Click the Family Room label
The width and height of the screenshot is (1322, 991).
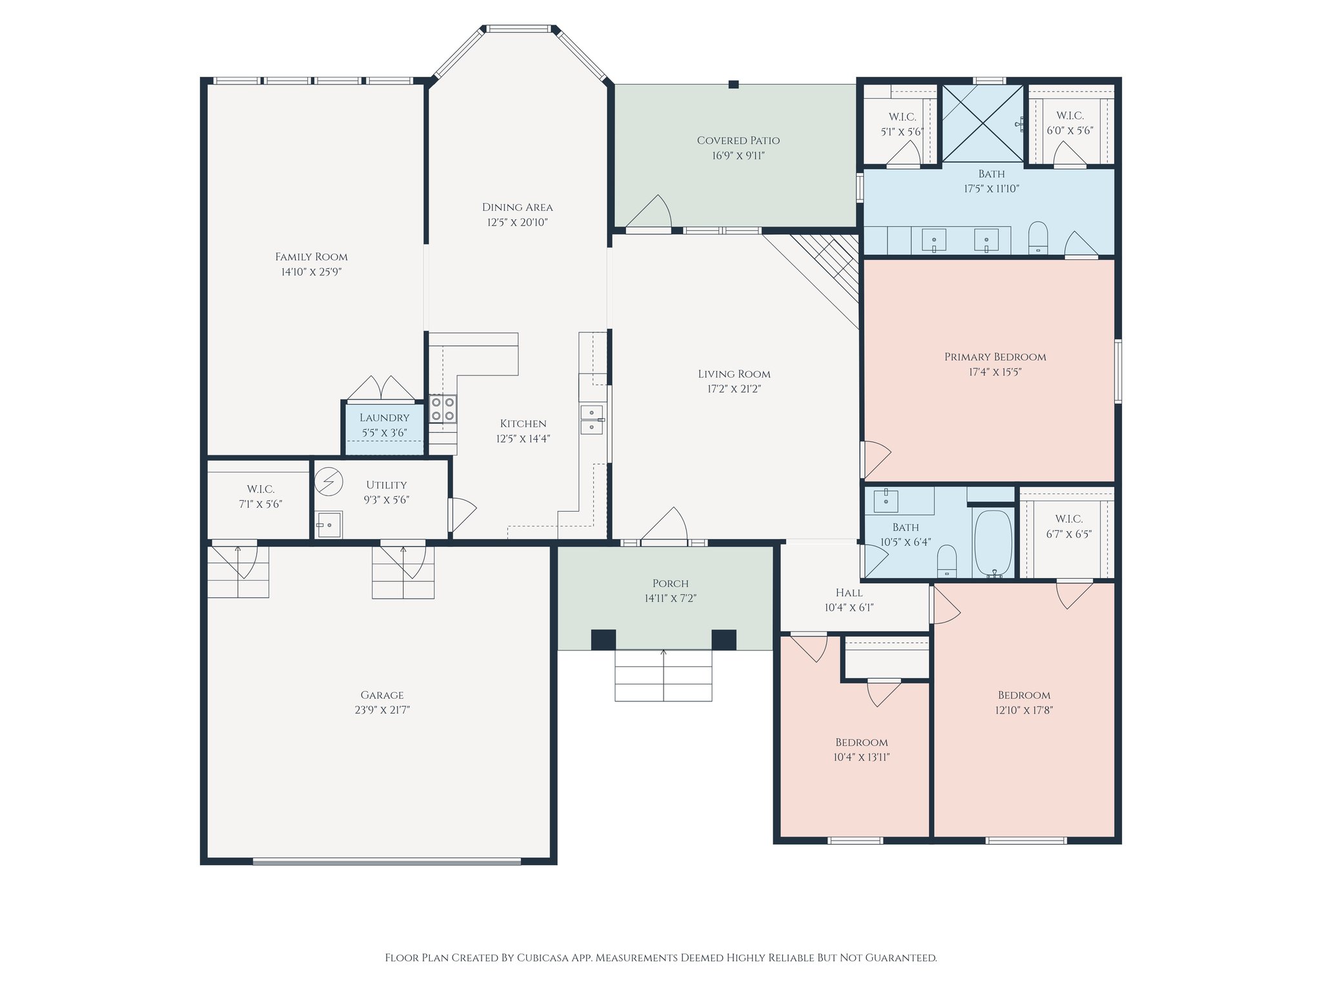coord(311,257)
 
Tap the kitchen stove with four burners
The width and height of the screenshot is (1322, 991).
coord(443,408)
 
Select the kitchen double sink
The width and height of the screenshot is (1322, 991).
coord(591,419)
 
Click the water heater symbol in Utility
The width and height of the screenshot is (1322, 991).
coord(329,481)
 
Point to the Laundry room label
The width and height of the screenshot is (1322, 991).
coord(384,418)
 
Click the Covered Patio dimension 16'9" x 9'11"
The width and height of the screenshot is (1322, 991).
coord(738,155)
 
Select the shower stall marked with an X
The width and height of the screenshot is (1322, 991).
coord(982,123)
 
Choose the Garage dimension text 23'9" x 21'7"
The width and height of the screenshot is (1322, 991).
coord(382,710)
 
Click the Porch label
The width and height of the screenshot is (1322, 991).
coord(670,583)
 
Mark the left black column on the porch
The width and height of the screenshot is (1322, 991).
coord(603,639)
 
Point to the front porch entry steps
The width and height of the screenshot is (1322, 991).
coord(663,675)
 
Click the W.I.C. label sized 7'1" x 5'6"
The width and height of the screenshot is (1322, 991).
coord(260,490)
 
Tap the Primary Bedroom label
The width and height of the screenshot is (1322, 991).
coord(995,357)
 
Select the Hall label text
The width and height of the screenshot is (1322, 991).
coord(849,592)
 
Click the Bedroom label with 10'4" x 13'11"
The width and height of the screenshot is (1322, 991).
coord(861,742)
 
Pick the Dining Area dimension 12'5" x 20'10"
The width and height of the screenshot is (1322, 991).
coord(517,223)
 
